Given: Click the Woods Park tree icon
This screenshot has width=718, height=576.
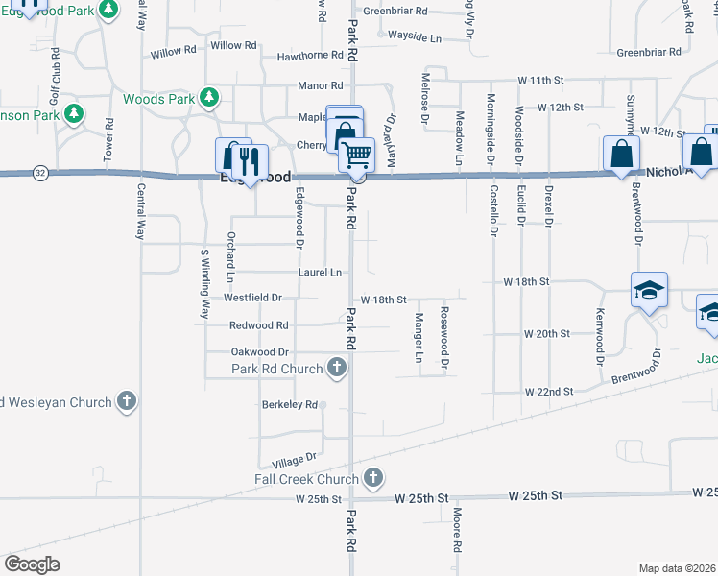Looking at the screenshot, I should coord(208,98).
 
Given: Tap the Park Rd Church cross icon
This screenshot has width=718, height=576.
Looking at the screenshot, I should coord(336,367).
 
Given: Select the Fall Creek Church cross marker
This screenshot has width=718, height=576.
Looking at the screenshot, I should coord(373,477).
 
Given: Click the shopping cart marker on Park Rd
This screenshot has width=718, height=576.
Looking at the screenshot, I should coord(356,154).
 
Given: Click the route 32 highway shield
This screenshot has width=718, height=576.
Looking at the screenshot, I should coord(39,173).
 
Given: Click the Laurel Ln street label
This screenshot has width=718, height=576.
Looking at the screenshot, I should coord(320,273).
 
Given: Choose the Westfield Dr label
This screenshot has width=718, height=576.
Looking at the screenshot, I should coord(252,298).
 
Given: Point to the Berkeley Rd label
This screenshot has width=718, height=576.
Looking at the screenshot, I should coord(289,405).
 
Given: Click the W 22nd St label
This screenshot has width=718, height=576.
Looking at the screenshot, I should coord(548,392).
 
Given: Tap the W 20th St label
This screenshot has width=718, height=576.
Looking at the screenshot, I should coord(547,333).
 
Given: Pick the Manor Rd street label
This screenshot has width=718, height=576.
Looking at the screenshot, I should coord(321,85).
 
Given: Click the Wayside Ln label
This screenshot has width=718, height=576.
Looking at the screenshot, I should coord(415,37).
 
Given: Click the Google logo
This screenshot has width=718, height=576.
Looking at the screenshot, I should coord(33,564).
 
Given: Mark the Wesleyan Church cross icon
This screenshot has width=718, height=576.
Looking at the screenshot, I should coord(127,402).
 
